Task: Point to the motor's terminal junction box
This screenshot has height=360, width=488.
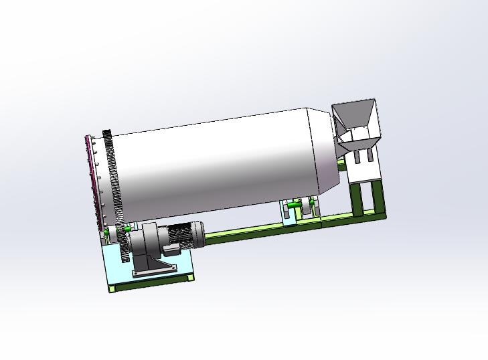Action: coord(171,251)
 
